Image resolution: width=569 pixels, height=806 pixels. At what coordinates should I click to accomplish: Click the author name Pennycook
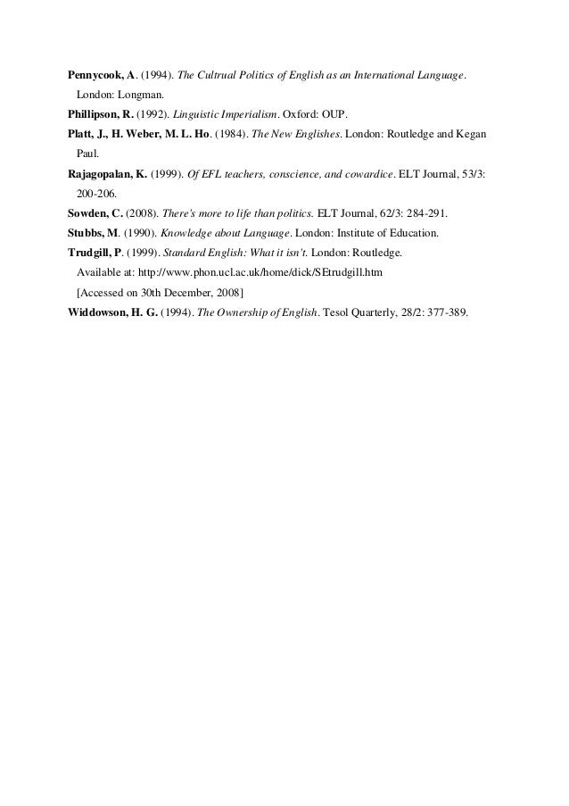(95, 73)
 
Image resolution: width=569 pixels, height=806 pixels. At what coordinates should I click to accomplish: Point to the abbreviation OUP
(342, 115)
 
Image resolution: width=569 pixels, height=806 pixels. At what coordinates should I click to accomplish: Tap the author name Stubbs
(88, 234)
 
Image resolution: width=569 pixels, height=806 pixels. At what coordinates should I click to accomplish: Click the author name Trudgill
(92, 254)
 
